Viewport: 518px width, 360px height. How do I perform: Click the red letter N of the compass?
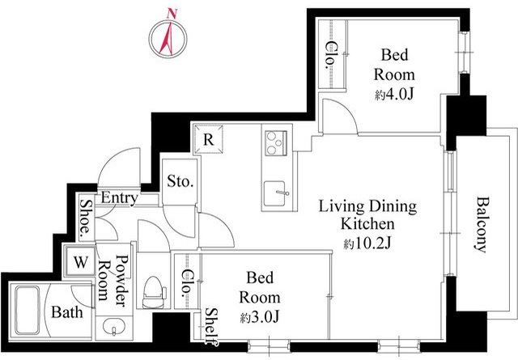172,14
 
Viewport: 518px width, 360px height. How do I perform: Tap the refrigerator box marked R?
208,139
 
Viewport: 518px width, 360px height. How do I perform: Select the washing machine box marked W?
81,262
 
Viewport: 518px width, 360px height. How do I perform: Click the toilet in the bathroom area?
154,292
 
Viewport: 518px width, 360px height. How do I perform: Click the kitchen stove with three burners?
275,142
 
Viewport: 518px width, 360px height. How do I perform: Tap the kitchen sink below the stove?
275,194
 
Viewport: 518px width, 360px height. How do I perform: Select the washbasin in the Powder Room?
113,327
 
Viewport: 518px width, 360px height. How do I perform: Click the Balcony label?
482,225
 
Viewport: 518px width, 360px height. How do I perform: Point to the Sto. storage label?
180,181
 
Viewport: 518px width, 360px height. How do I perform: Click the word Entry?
119,198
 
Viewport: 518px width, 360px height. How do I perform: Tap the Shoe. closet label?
86,220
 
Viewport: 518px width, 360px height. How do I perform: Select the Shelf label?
210,327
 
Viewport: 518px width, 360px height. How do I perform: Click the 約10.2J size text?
367,244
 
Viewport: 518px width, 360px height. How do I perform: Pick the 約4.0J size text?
394,95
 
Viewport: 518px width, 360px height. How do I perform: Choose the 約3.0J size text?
260,317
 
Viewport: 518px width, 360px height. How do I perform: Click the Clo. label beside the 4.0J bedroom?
330,55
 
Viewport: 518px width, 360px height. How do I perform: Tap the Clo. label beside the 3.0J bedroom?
187,282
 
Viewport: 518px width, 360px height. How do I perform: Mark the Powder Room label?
113,281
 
